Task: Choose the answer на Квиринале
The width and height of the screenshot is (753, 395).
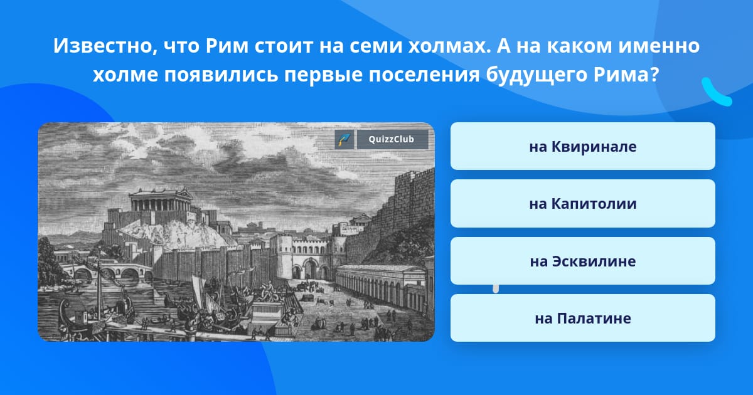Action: [x=582, y=146]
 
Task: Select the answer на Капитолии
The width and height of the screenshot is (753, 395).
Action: [x=582, y=204]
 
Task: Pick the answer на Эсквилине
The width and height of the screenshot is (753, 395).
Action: [x=582, y=261]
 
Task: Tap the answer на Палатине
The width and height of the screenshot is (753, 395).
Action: [x=582, y=318]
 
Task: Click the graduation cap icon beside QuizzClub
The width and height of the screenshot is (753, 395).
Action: [x=344, y=139]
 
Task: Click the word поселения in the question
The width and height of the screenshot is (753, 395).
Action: [x=424, y=75]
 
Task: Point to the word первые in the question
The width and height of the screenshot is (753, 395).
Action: [x=323, y=75]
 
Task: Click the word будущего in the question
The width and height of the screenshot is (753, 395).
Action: [x=536, y=75]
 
